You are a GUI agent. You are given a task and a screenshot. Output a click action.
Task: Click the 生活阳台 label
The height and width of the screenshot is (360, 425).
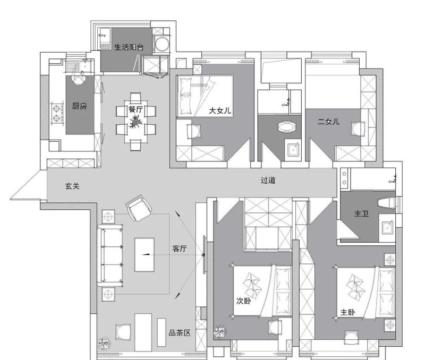tap(129, 47)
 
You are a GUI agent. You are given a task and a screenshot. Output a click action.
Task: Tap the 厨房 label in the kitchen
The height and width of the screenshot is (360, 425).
tap(79, 106)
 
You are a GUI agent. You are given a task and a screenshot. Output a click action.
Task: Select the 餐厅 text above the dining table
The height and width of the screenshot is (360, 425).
tap(135, 109)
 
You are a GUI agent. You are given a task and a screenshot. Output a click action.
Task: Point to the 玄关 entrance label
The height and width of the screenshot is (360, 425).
tap(72, 186)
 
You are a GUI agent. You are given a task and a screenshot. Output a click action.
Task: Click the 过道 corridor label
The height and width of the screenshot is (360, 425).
tap(268, 181)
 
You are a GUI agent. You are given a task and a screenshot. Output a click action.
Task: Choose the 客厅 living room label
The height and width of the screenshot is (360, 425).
tap(180, 248)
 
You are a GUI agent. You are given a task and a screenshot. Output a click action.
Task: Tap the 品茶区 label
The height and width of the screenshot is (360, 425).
tap(180, 332)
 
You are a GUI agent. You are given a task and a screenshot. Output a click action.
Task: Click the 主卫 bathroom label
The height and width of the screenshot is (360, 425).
tap(361, 213)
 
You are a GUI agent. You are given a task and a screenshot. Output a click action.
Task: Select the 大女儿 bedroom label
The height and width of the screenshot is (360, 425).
tap(220, 110)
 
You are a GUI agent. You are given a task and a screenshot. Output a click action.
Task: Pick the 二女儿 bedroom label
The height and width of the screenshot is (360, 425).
tap(328, 122)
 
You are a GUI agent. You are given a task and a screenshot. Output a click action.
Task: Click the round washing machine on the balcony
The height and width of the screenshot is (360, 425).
tap(162, 44)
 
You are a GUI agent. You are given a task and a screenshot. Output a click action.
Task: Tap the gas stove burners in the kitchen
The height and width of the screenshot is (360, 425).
tap(56, 113)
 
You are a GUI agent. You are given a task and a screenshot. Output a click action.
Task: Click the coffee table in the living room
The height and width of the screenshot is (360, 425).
tap(144, 255)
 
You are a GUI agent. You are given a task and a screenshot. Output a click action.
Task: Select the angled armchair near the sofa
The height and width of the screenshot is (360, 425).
tap(139, 208)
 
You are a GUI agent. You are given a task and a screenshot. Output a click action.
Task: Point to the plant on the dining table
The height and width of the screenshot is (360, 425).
tap(135, 122)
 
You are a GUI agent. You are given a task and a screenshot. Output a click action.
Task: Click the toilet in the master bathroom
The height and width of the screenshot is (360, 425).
tap(387, 203)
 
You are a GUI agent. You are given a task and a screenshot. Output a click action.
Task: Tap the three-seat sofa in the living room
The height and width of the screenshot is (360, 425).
tap(110, 255)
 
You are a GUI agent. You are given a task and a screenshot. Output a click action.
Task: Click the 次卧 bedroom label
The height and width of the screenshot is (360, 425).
tap(244, 301)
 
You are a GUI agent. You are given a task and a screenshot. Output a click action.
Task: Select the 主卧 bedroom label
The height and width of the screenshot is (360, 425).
tap(347, 312)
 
